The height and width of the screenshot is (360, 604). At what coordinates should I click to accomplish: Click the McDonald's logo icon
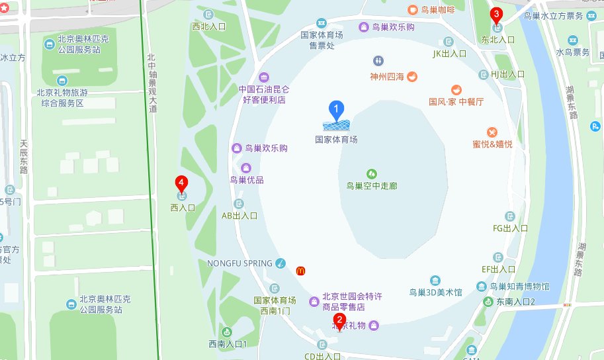300,270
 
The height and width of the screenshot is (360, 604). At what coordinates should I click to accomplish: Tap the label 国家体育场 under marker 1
336,140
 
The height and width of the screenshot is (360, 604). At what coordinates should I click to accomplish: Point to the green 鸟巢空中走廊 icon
372,173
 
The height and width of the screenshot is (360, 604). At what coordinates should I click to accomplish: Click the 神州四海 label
387,77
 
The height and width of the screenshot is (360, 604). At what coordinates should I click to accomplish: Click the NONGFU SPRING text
239,263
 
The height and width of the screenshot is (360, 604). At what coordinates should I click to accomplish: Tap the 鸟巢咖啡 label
437,10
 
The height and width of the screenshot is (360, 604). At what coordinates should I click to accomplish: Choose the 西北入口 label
209,26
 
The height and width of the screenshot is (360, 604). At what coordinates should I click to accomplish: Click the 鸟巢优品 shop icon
246,168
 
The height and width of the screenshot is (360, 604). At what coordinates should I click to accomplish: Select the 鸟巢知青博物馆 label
519,287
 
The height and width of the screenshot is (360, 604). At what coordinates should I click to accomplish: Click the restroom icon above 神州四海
378,61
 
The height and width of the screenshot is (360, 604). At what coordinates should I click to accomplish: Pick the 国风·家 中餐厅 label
456,102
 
